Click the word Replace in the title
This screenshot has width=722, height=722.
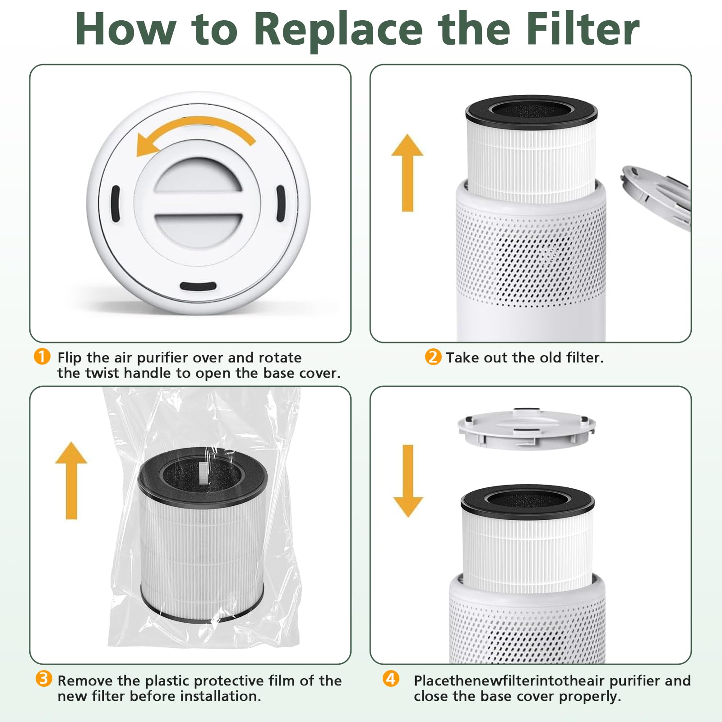tap(338, 30)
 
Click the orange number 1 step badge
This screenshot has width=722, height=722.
tap(42, 357)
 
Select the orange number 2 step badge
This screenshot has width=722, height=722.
tap(433, 357)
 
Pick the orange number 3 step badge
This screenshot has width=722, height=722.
tap(43, 679)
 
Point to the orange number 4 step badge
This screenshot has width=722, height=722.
tap(391, 679)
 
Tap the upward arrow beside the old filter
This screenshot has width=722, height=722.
tap(407, 172)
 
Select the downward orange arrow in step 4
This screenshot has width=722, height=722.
tap(408, 481)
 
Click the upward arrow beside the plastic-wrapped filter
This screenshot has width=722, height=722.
tap(71, 481)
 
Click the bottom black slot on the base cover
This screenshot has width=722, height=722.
tap(198, 286)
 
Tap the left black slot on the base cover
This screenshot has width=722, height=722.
tap(116, 204)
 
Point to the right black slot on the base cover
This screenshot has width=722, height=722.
tap(280, 203)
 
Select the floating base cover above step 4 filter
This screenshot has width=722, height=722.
tap(527, 429)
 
